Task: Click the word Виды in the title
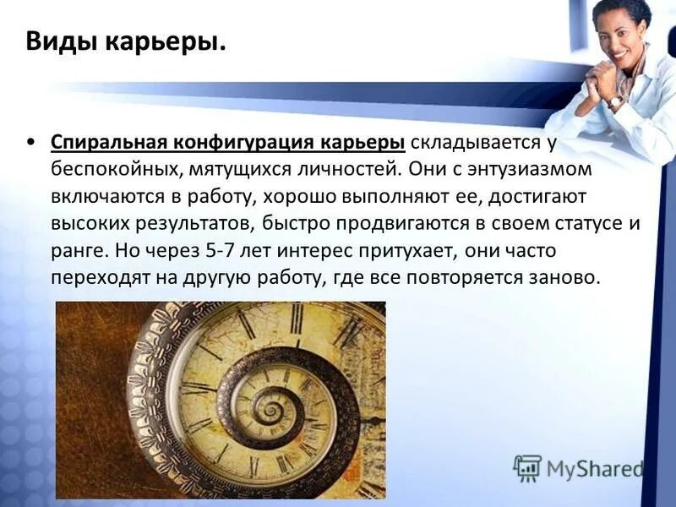tap(57, 41)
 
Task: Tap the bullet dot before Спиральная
tap(31, 141)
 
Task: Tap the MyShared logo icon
tap(527, 468)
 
